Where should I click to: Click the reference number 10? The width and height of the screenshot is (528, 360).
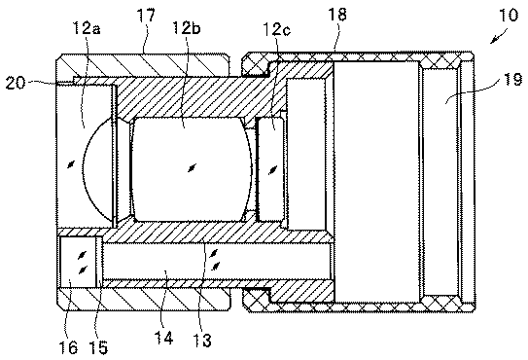point(509,16)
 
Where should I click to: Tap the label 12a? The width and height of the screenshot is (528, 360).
point(87,28)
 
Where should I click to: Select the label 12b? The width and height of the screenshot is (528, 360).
point(187,27)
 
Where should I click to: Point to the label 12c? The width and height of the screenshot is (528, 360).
point(277,29)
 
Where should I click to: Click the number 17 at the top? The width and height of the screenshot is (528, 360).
point(146,16)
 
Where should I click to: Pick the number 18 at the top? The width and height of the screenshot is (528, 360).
point(337,15)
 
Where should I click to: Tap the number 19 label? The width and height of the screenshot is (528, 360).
point(512,80)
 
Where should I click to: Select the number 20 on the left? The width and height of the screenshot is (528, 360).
point(16,83)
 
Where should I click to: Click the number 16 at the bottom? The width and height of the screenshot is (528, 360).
point(68,346)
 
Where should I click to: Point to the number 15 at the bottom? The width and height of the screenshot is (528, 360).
point(98,346)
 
